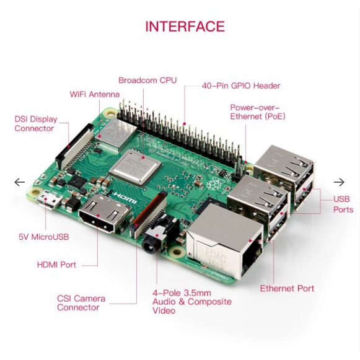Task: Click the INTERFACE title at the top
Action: point(185,26)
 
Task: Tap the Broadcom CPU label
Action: point(147,81)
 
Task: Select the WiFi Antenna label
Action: point(95,94)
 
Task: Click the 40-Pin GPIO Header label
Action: point(241,86)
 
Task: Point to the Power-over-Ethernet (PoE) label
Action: point(258,112)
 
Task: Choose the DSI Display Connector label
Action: point(36,124)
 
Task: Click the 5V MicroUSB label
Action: point(44,237)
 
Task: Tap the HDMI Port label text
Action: point(56,265)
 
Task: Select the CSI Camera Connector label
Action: point(81,303)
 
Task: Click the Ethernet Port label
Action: point(287,288)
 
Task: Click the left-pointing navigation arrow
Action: point(19,182)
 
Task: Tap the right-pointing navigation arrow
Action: point(339,182)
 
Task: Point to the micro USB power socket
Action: point(49,200)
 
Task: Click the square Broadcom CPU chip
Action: point(136,167)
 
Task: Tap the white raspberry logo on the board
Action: point(213,183)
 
